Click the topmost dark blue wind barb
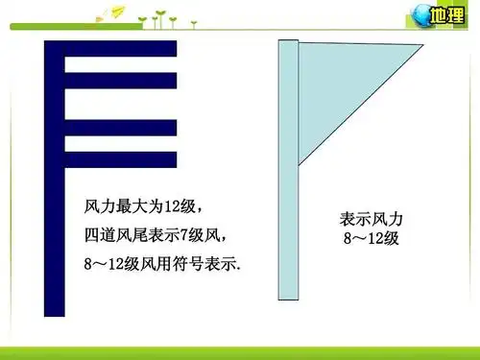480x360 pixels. pos(120,48)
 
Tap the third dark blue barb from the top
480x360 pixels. pos(120,125)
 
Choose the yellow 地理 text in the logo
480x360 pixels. pos(447,15)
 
